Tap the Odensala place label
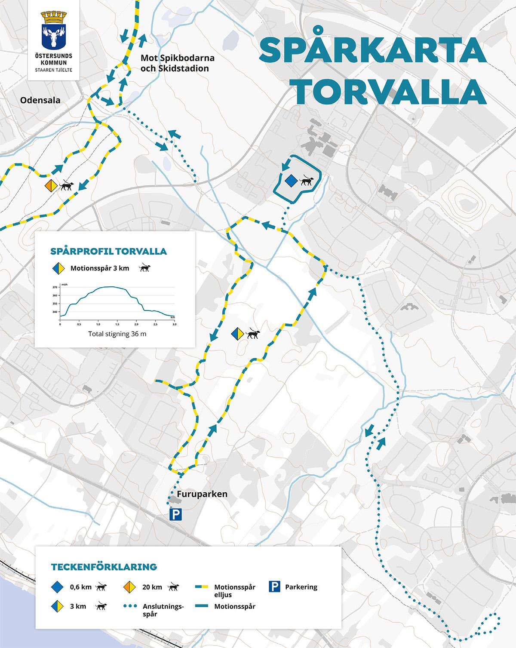point(40,100)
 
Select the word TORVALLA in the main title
point(390,92)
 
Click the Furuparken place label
point(202,494)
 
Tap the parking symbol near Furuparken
point(175,514)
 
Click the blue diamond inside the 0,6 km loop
point(291,181)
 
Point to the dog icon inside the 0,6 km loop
point(306,181)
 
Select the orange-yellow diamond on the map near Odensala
point(51,186)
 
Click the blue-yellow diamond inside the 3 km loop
point(237,334)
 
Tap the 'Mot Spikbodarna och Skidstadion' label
point(177,63)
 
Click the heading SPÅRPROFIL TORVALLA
point(108,252)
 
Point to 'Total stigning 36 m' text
point(117,334)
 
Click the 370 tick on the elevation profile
point(55,287)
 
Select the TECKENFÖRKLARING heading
point(104,567)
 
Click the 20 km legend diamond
point(129,587)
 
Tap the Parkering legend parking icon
point(274,587)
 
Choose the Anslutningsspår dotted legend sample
point(130,606)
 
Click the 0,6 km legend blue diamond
point(57,587)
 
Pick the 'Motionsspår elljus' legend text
point(234,591)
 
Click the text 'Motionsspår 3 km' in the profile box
point(100,268)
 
